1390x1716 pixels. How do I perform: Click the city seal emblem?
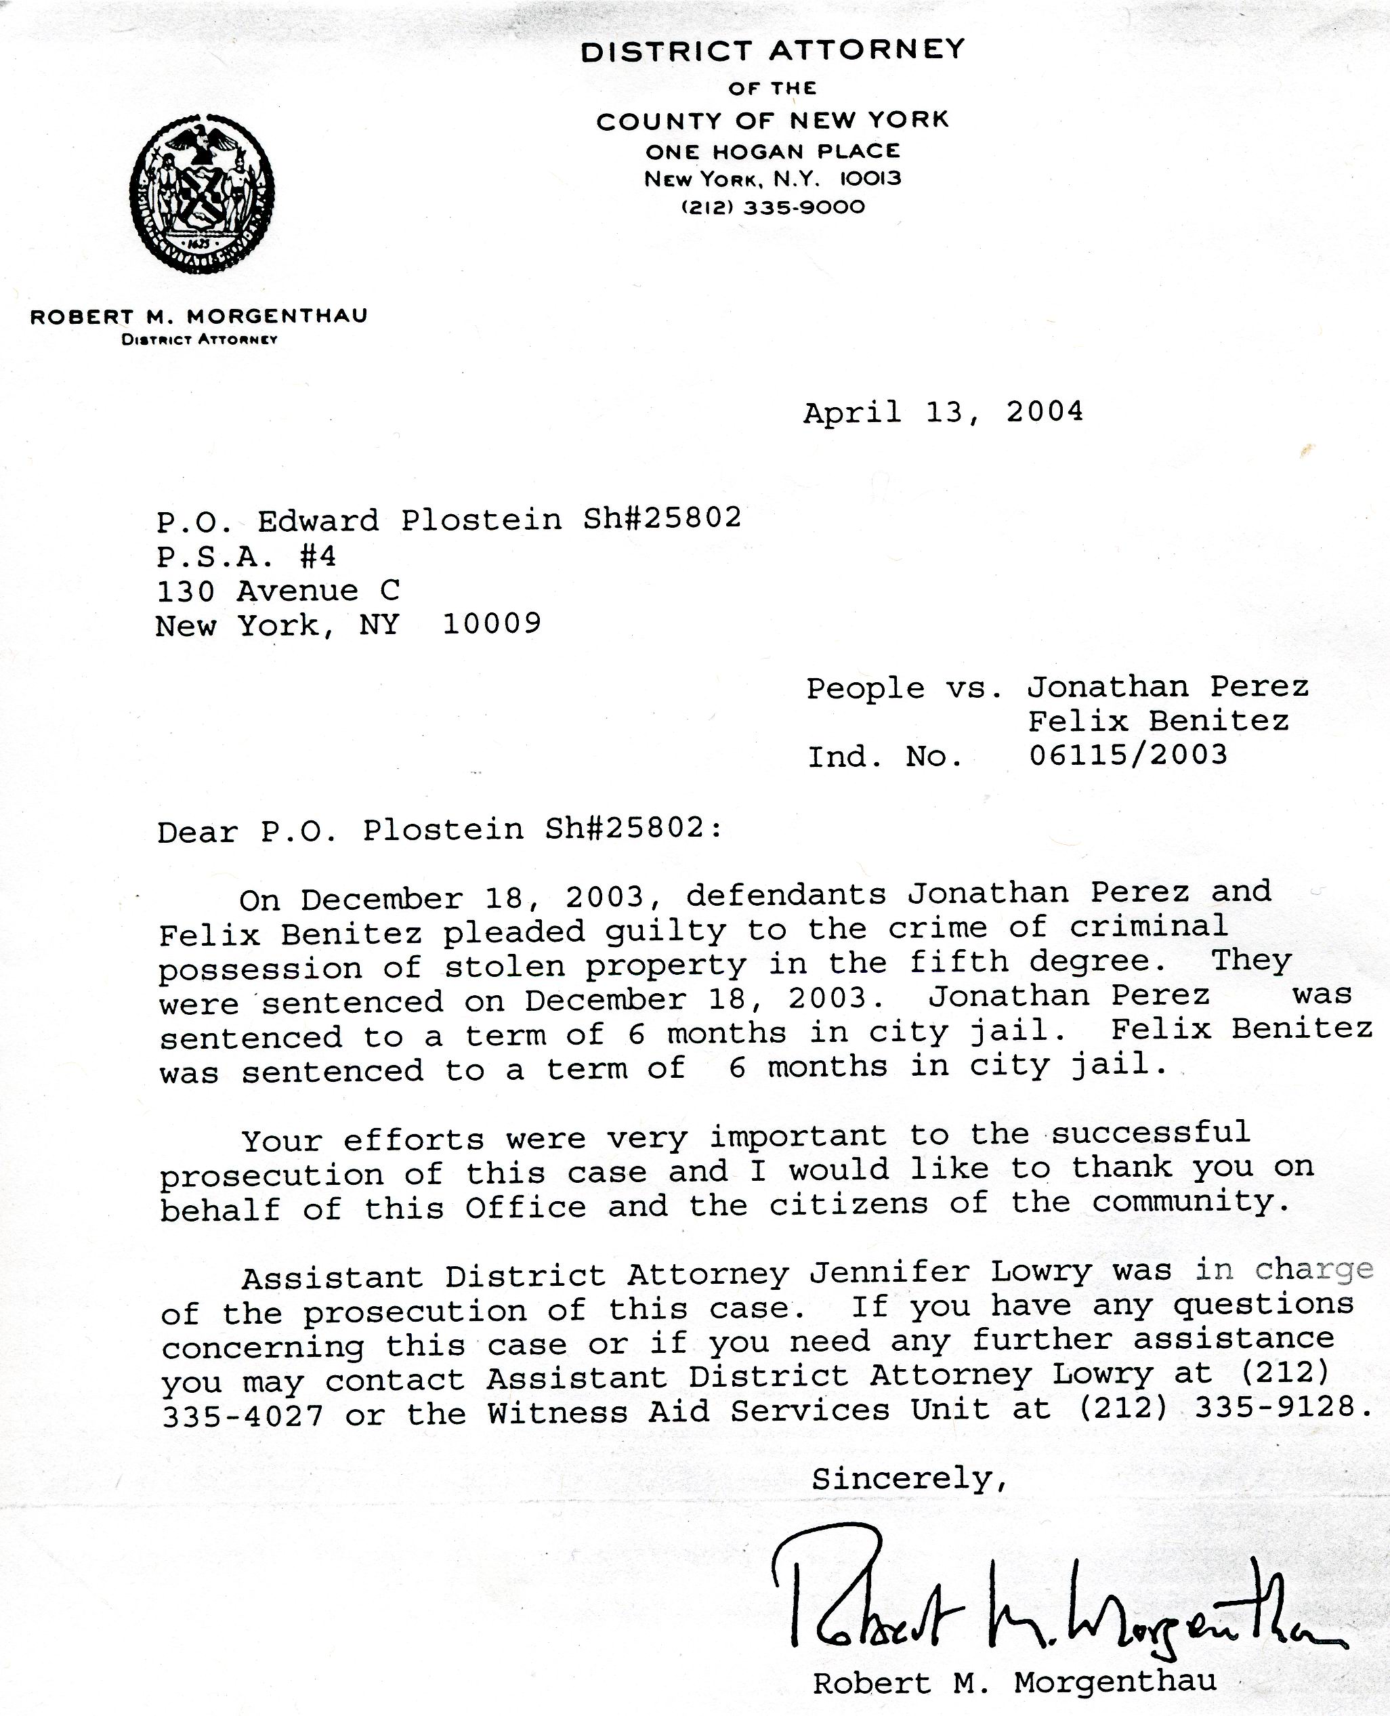pos(201,194)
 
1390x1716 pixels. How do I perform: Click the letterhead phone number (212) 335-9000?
pos(773,207)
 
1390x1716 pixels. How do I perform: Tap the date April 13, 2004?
pos(942,413)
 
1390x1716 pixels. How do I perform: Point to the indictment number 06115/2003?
pos(1127,755)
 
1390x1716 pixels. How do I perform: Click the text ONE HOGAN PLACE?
pos(773,150)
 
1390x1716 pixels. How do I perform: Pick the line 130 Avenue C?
pos(277,591)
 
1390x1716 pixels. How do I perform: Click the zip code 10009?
pos(492,623)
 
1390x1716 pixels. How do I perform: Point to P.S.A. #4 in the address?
pos(246,556)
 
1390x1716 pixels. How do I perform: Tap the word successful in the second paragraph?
pos(1150,1132)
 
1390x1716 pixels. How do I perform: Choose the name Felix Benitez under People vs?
pos(1158,721)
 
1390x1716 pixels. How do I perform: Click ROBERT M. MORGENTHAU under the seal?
pos(198,316)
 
